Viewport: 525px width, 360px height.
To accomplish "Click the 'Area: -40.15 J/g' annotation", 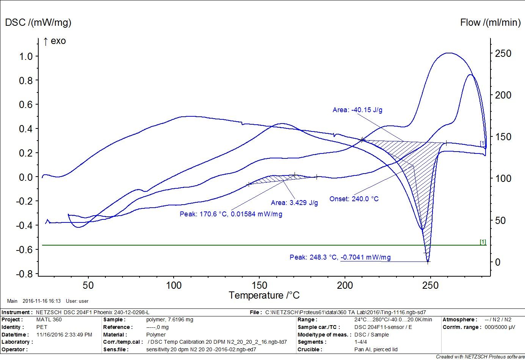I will (x=357, y=110).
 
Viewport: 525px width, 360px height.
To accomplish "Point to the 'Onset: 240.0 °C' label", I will (x=354, y=199).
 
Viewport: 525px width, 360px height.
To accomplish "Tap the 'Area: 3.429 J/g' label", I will (x=295, y=203).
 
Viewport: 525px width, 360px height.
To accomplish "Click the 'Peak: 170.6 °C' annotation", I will (x=231, y=214).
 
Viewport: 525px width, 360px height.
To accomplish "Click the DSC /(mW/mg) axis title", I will (x=38, y=22).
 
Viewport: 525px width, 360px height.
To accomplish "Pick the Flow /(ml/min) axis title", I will (x=490, y=22).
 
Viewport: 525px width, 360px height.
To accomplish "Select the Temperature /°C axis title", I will (x=264, y=295).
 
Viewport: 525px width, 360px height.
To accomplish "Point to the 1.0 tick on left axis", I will (x=26, y=56).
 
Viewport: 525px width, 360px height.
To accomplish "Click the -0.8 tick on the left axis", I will (x=25, y=274).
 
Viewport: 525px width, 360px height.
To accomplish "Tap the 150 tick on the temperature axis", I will (x=259, y=285).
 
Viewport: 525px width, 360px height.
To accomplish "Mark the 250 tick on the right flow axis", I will (x=503, y=53).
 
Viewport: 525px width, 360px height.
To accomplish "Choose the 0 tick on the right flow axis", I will (x=497, y=262).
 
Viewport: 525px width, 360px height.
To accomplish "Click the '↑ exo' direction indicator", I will (x=55, y=41).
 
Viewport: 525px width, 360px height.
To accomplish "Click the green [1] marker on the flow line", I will (x=483, y=242).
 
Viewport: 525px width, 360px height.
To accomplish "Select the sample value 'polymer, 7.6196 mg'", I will (x=169, y=319).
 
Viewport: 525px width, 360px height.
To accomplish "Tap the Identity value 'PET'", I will (x=42, y=327).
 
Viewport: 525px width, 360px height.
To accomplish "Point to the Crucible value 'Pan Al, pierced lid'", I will (x=376, y=349).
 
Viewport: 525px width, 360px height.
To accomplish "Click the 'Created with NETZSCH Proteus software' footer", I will (x=480, y=357).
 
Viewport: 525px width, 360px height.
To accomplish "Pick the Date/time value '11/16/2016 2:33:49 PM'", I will (x=64, y=335).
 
